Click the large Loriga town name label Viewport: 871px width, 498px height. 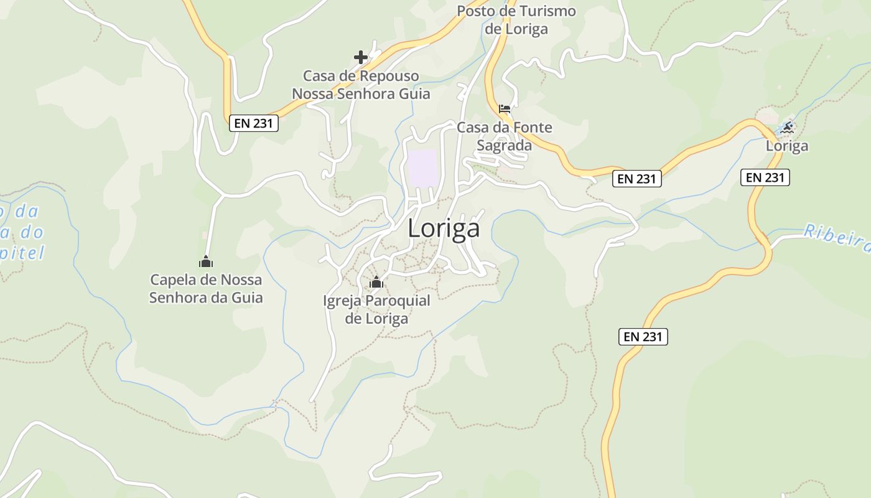coord(444,228)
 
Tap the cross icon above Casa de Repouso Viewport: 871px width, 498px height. coord(361,57)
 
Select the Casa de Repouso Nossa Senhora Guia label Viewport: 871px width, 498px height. coord(361,85)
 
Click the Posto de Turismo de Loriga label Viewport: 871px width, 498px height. coord(516,20)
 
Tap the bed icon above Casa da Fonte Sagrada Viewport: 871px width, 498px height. coord(505,109)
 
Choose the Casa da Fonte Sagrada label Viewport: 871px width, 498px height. coord(504,136)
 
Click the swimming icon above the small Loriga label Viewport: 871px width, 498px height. coord(787,128)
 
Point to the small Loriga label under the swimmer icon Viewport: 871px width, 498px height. coord(787,146)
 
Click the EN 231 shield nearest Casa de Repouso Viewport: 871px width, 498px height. coord(254,123)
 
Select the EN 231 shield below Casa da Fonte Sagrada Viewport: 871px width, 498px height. coord(637,179)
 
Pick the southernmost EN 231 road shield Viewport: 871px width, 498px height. coord(643,337)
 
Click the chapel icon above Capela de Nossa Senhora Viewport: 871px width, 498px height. coord(206,261)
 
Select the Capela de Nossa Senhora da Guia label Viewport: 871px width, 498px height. coord(206,289)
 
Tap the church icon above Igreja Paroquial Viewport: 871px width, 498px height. coord(376,283)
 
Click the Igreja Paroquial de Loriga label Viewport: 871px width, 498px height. coord(376,310)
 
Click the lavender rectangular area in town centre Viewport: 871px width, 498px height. coord(422,168)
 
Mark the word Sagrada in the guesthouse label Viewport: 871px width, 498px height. coord(504,146)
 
